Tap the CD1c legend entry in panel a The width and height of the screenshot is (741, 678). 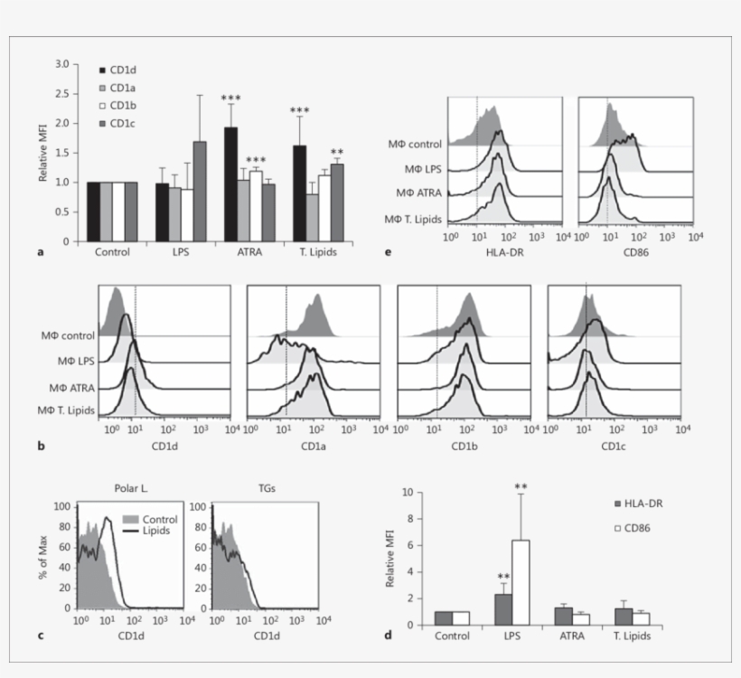click(124, 122)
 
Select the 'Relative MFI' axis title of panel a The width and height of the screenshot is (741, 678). click(42, 153)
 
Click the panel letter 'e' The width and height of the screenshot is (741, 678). click(388, 252)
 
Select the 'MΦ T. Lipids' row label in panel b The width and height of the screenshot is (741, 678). click(65, 411)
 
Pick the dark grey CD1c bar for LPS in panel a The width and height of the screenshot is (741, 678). click(199, 192)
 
